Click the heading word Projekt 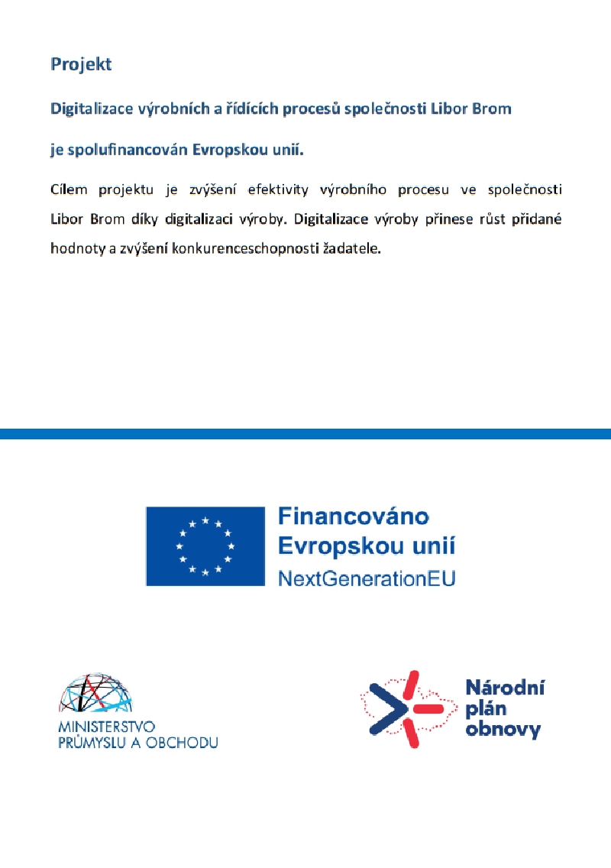[x=81, y=64]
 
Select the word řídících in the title [x=255, y=108]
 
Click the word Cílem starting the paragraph [x=69, y=189]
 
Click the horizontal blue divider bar [x=305, y=434]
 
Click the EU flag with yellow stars [x=205, y=546]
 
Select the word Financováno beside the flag [x=353, y=518]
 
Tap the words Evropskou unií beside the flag [x=366, y=547]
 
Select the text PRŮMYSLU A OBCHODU [x=137, y=742]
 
